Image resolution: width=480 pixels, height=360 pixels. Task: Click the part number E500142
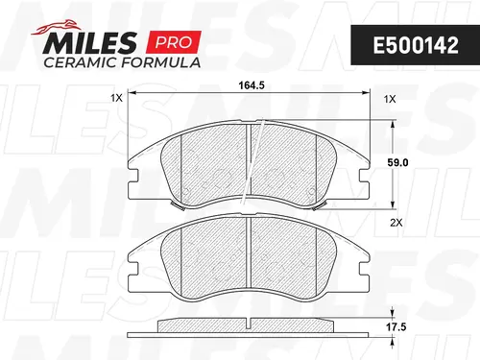(416, 45)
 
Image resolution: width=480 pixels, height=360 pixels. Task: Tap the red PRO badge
(174, 42)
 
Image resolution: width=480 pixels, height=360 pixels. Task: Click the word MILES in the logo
(89, 43)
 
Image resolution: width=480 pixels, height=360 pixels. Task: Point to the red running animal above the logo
(55, 27)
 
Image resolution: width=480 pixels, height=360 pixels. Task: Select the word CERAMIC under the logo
(81, 62)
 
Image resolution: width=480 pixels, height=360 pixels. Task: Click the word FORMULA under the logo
(161, 62)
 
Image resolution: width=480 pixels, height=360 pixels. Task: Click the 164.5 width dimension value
(252, 85)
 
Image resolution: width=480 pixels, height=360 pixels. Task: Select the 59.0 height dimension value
(397, 162)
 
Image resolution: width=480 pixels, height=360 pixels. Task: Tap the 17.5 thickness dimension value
(396, 326)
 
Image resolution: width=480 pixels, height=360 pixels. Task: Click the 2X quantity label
(396, 223)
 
